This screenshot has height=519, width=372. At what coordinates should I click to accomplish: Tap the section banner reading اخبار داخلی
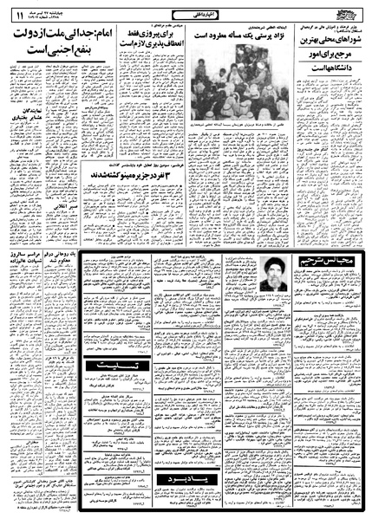pos(186,15)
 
